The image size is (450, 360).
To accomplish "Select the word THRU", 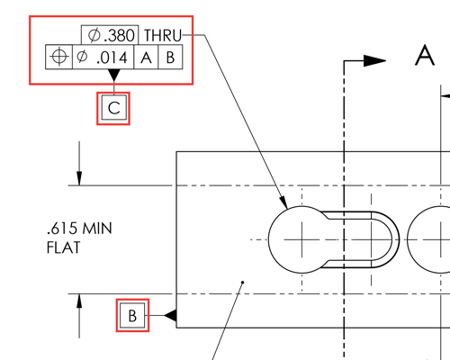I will pyautogui.click(x=163, y=35).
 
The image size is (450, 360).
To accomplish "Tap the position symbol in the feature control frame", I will pyautogui.click(x=58, y=57).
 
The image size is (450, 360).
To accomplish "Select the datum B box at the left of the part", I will pyautogui.click(x=131, y=316).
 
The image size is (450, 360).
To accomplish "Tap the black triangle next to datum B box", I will pyautogui.click(x=170, y=316).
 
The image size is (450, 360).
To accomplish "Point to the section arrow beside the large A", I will pyautogui.click(x=375, y=61).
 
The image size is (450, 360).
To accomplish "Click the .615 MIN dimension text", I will pyautogui.click(x=78, y=229).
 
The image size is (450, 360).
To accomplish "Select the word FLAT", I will pyautogui.click(x=63, y=246).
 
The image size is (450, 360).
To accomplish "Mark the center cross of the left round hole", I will pyautogui.click(x=302, y=240).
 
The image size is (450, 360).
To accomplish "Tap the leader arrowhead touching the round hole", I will pyautogui.click(x=283, y=202).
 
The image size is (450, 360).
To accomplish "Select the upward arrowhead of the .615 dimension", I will pyautogui.click(x=79, y=301).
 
